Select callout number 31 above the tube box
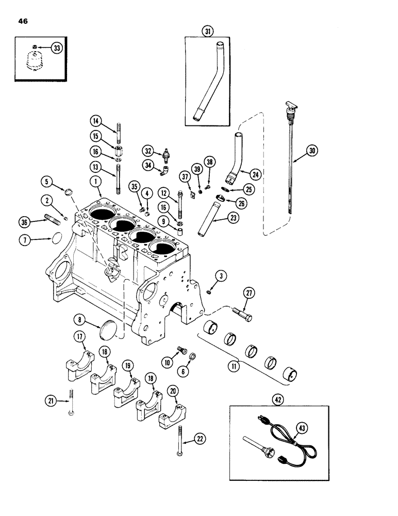(207, 31)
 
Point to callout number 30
(312, 151)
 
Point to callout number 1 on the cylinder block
(95, 182)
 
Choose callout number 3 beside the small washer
(220, 277)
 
